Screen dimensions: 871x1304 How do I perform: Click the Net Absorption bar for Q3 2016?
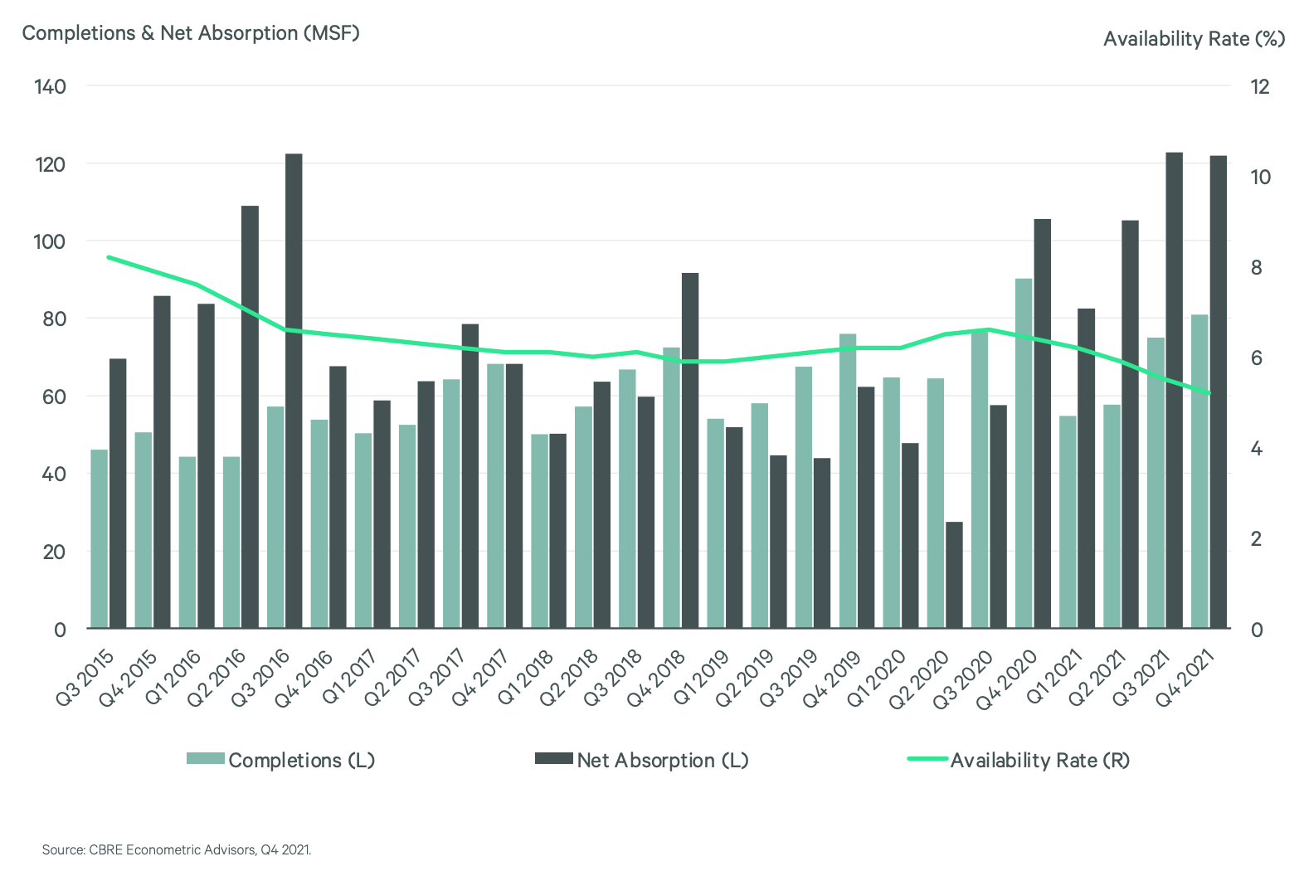294,390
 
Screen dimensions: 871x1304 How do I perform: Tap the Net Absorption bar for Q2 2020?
954,574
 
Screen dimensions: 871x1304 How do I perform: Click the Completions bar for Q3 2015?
100,538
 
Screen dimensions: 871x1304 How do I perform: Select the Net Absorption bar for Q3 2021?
1174,390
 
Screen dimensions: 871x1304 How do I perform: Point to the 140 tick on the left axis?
50,86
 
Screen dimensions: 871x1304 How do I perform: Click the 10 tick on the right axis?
1259,177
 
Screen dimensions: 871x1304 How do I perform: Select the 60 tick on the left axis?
52,397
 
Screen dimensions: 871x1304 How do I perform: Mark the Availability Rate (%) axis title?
1194,39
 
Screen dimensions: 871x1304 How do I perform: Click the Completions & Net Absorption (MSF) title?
190,33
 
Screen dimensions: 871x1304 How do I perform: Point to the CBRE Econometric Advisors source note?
177,849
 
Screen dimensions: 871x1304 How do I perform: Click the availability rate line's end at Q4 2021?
1209,392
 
